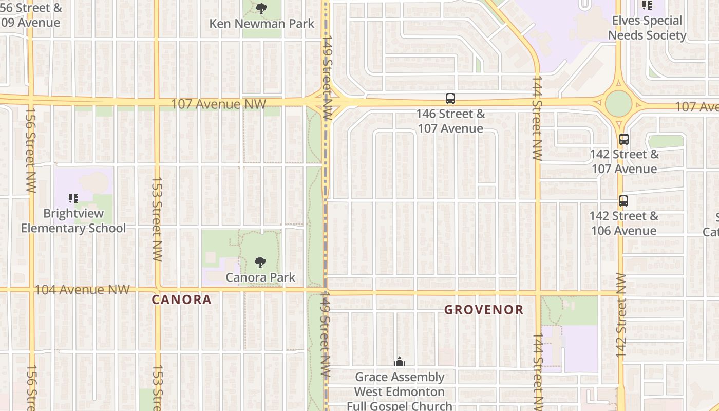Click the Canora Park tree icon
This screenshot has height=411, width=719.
[x=260, y=263]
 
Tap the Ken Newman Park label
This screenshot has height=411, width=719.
[x=262, y=24]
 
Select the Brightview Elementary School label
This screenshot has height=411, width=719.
[x=73, y=221]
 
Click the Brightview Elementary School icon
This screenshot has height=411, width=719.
[x=73, y=198]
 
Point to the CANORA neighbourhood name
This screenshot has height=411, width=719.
[x=182, y=300]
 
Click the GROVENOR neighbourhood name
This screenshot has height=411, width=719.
[x=484, y=310]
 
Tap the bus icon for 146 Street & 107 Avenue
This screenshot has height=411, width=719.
[x=450, y=99]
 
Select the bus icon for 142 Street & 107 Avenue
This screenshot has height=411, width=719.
[x=624, y=139]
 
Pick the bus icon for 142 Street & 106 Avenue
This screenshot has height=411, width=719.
[x=623, y=201]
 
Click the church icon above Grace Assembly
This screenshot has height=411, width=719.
[x=400, y=362]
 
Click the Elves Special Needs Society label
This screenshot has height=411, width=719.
[x=647, y=28]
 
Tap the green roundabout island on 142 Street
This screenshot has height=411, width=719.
[x=618, y=103]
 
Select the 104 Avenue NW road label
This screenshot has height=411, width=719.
[x=82, y=290]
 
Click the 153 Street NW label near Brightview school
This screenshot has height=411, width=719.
[x=157, y=219]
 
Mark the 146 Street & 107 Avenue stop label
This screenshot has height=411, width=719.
[x=450, y=121]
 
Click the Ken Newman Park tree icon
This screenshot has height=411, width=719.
[x=261, y=8]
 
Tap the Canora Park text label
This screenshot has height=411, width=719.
[x=260, y=277]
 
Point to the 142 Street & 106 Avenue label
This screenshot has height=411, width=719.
[x=623, y=223]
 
